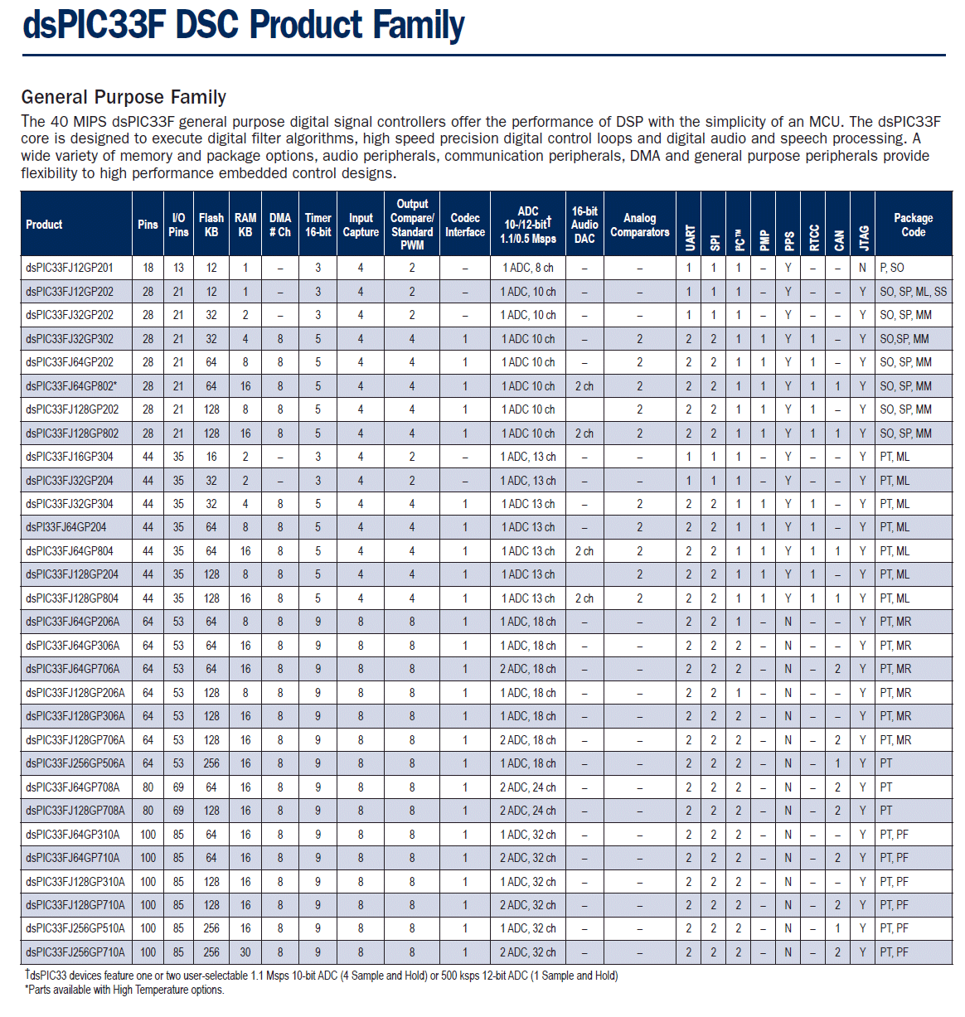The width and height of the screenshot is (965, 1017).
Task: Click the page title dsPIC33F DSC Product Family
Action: (243, 25)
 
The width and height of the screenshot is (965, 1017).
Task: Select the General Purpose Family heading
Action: (124, 97)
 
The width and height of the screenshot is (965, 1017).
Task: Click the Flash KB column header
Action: (211, 225)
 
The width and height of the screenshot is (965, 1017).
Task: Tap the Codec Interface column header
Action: (464, 225)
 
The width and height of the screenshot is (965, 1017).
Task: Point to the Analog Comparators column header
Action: (639, 225)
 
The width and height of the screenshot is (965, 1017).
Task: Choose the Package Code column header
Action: (914, 225)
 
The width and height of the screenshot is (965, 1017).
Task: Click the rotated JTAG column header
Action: (863, 238)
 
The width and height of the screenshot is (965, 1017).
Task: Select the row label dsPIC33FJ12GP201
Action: (70, 268)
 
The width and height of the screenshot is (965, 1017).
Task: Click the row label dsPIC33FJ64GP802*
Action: (71, 386)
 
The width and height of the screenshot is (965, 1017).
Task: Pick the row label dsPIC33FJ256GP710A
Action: (75, 952)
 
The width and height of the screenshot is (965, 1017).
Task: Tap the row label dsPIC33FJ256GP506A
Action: (75, 763)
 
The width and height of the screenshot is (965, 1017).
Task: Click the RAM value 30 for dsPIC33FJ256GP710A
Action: (245, 952)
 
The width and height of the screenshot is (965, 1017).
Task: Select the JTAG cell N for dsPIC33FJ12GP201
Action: (862, 268)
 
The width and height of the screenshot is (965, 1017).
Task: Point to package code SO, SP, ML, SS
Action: (914, 291)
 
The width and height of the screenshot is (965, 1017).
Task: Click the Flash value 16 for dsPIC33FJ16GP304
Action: (211, 456)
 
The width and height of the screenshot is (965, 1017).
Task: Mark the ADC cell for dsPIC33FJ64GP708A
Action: (528, 787)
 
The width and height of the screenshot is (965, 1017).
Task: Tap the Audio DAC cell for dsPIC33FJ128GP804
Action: (584, 598)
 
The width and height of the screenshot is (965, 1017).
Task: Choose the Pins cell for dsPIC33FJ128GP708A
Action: (148, 810)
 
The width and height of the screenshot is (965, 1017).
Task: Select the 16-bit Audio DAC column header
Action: (584, 225)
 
